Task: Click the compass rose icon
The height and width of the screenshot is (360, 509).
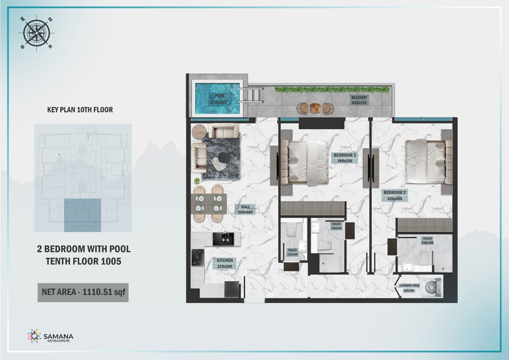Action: pos(37,33)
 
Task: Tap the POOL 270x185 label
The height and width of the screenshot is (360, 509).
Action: pos(219,99)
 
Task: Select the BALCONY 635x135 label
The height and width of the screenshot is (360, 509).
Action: pos(359,100)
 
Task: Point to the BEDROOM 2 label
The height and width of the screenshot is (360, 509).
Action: pos(395,195)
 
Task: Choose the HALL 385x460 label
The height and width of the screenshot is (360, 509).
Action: pos(245,209)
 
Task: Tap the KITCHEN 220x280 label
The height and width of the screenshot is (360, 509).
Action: pos(225,263)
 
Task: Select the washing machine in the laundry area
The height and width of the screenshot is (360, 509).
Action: pos(432,288)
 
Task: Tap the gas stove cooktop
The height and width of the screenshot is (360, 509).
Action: pos(198,257)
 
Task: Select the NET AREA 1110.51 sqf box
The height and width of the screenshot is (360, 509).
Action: pos(83,292)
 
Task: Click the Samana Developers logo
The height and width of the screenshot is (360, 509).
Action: pos(50,336)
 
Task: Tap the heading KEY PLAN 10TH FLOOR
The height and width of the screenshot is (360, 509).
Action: pos(80,110)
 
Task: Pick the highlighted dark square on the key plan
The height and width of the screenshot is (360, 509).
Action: pos(82,215)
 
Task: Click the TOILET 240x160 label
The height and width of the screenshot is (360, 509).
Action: pos(427,240)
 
